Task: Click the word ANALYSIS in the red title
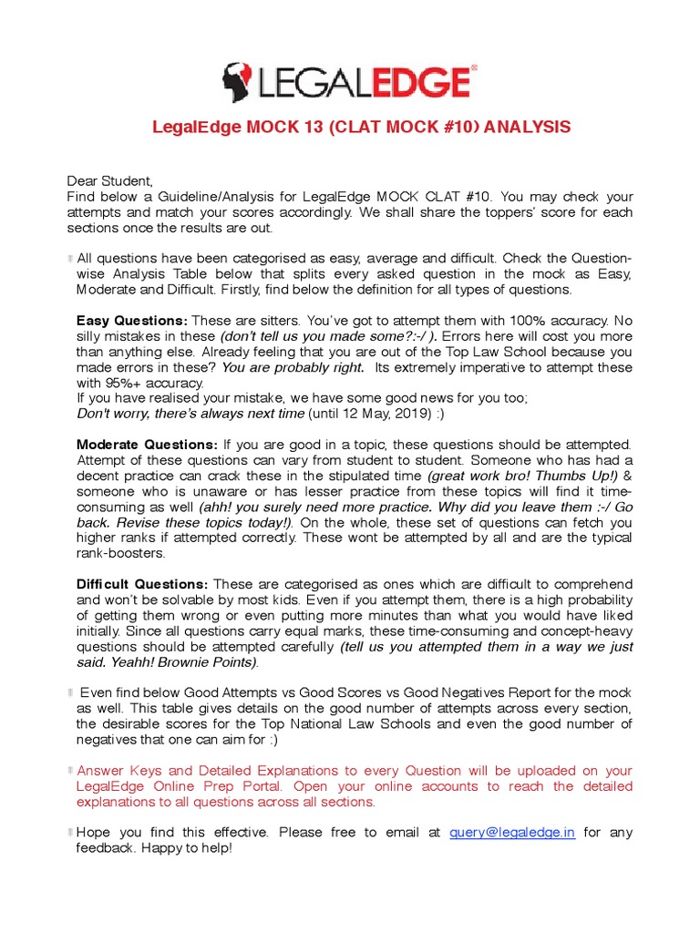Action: pos(527,127)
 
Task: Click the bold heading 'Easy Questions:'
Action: pos(132,321)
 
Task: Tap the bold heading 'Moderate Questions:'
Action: pos(147,445)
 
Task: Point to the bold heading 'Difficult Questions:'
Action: pos(142,584)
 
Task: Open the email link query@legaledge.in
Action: pos(512,832)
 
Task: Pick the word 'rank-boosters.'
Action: pos(121,553)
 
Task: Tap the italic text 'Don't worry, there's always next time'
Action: pos(190,414)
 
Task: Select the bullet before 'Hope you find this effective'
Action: pos(70,832)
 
